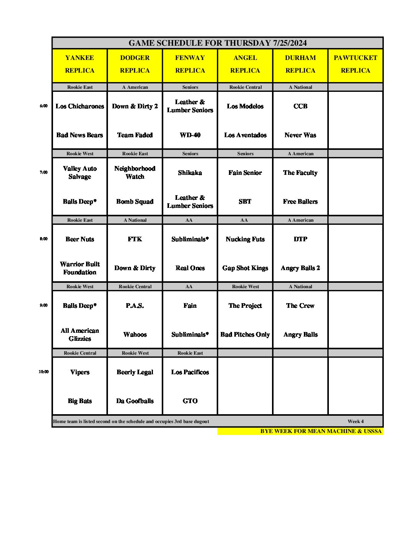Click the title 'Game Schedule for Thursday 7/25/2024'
tap(217, 43)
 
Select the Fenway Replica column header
tap(190, 64)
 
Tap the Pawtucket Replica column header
tap(355, 64)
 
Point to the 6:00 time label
tap(44, 106)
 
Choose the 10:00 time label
tap(44, 372)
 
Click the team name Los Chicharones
tap(80, 106)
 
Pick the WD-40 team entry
tap(190, 135)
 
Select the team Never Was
tap(300, 135)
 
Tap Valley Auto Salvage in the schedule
tap(80, 173)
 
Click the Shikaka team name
tap(190, 173)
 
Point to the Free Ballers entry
tap(300, 202)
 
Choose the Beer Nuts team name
tap(80, 239)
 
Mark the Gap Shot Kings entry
tap(245, 268)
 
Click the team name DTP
tap(300, 239)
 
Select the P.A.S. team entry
tap(135, 306)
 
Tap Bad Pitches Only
tap(245, 335)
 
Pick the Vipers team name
tap(80, 372)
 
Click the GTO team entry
tap(190, 401)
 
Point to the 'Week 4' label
tap(355, 422)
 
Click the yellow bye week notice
tap(321, 431)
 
